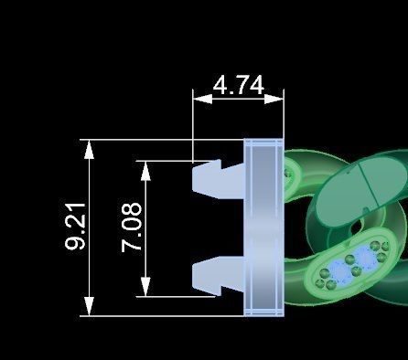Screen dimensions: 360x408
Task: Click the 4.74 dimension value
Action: pyautogui.click(x=238, y=86)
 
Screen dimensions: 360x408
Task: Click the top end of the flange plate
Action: pyautogui.click(x=264, y=143)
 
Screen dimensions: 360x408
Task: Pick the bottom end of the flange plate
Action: pyautogui.click(x=264, y=312)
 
